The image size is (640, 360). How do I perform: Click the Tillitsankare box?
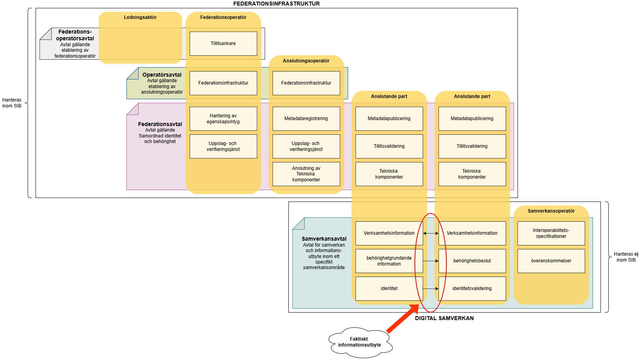tap(223, 43)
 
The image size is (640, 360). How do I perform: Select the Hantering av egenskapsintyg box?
tap(223, 119)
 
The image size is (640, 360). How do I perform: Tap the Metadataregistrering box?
tap(306, 119)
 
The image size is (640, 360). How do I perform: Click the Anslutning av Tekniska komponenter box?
tap(306, 174)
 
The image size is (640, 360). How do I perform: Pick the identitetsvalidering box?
tap(472, 288)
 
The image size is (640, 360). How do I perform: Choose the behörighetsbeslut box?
tap(472, 261)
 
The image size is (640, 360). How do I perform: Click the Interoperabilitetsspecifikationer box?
tap(551, 233)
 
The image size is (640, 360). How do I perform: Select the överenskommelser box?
tap(551, 261)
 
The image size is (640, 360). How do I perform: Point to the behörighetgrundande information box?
tap(389, 261)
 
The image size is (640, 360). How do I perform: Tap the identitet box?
tap(389, 288)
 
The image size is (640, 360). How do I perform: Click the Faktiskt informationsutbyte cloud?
tap(360, 342)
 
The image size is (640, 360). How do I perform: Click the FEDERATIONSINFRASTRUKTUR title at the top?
tap(277, 4)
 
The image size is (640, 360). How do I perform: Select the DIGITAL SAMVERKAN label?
tap(444, 318)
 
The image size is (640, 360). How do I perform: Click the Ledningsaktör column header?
tap(140, 17)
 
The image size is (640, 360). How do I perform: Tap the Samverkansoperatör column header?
tap(551, 211)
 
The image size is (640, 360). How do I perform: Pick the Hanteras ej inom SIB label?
tap(626, 257)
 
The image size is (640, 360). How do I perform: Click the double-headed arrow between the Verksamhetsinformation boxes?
tap(431, 233)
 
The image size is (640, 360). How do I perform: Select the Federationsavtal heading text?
tap(160, 124)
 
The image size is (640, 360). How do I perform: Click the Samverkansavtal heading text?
tap(324, 239)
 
